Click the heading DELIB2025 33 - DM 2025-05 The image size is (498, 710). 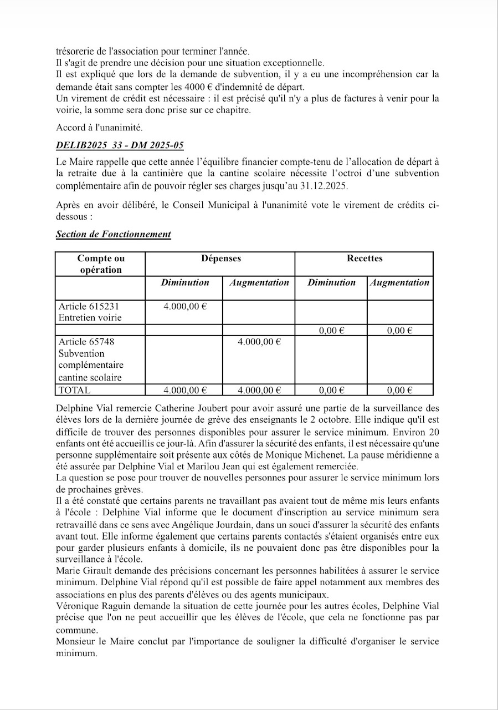[x=120, y=146]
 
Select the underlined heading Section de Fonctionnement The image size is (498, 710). [x=113, y=234]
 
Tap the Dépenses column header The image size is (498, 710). [x=220, y=258]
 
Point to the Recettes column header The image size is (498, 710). [x=364, y=258]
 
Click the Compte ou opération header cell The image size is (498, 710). [x=101, y=264]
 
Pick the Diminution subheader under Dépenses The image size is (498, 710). [x=185, y=282]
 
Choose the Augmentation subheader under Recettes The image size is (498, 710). [x=399, y=282]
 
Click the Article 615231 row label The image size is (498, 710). [x=89, y=306]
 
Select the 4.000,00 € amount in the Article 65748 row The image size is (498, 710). [x=259, y=342]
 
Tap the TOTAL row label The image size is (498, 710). [x=74, y=390]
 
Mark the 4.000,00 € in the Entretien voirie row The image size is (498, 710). [x=185, y=306]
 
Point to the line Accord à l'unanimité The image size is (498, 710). [x=92, y=128]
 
